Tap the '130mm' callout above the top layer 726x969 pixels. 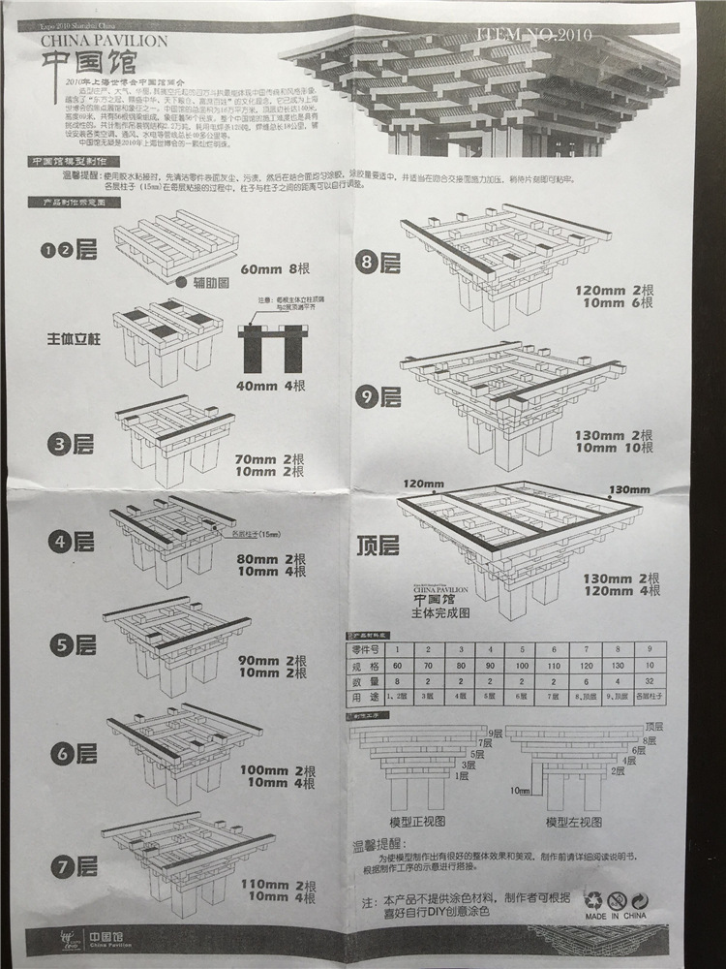point(624,487)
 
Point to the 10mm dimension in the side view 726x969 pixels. point(519,791)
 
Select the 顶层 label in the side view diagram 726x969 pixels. point(654,726)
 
